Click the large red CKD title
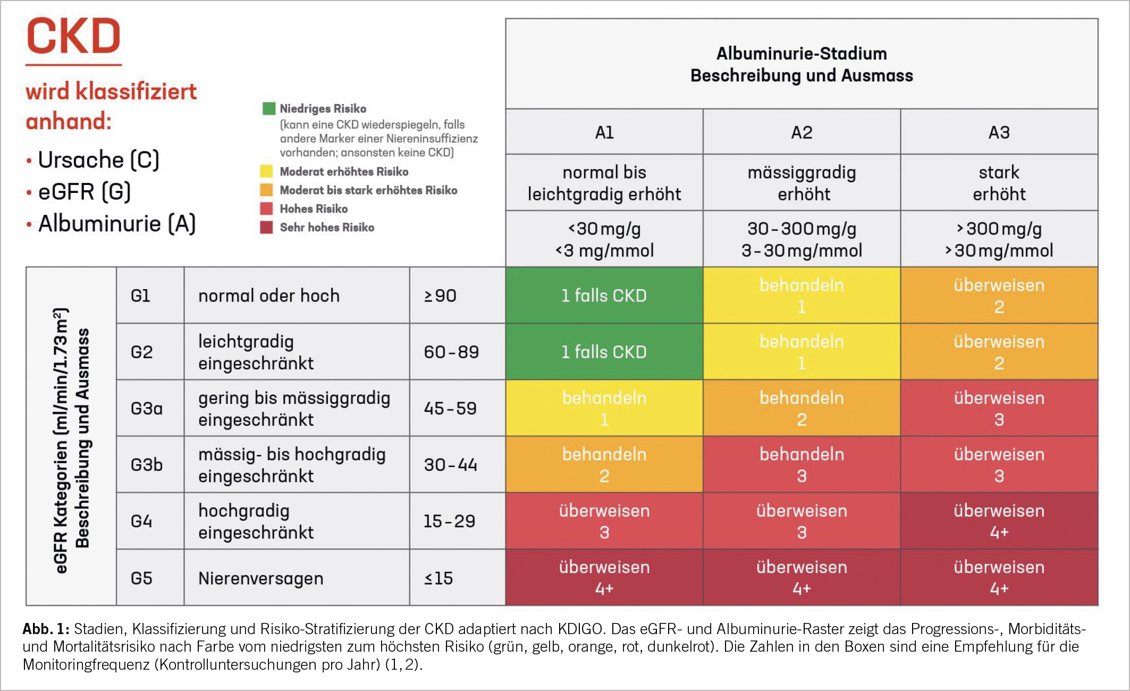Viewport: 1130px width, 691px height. (x=73, y=36)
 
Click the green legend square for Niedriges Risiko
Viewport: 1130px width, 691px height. (x=269, y=108)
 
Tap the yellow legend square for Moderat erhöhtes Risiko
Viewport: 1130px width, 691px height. (x=266, y=171)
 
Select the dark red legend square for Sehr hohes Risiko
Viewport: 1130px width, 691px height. (x=266, y=227)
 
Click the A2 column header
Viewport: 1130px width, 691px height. (x=802, y=132)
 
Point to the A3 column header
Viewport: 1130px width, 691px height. (x=999, y=132)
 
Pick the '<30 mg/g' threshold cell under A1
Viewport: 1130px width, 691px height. (x=604, y=239)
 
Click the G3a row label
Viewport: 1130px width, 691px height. (x=147, y=408)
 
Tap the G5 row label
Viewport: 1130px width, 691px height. (x=141, y=578)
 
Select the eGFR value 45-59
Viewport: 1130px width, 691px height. (x=450, y=408)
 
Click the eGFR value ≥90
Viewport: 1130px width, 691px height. (x=440, y=296)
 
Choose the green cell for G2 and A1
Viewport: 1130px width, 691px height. (x=604, y=352)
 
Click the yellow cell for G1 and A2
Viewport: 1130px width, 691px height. (x=802, y=296)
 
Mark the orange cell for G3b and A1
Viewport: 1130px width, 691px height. (x=604, y=465)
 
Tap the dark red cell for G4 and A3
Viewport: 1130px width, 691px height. (x=999, y=521)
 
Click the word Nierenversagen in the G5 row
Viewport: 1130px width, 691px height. (x=260, y=578)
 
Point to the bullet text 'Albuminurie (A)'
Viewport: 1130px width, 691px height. (x=117, y=224)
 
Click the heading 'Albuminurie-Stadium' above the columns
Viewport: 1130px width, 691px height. (x=802, y=54)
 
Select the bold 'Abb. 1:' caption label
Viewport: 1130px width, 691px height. (x=46, y=629)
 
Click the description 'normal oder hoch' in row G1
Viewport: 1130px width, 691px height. (x=269, y=296)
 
